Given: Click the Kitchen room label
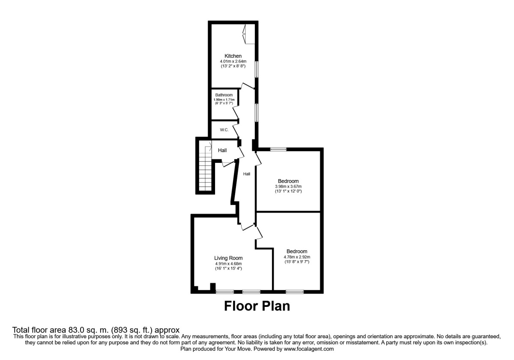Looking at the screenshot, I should coord(233,56).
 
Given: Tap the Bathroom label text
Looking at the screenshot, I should coord(224,95).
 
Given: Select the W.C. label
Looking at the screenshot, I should coord(224,130).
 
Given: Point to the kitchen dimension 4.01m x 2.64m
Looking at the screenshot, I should coord(233,61).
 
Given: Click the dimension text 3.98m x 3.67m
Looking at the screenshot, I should coord(288,186).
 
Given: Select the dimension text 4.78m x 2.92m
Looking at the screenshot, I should coord(297,257).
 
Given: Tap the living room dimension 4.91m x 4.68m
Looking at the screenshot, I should coord(228,263).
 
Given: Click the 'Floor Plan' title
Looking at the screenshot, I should coord(257,306).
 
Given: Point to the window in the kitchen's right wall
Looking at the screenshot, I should coord(256,69).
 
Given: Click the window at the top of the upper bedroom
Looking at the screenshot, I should coord(278,149).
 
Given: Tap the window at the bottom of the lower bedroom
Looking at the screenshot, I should coord(295,292).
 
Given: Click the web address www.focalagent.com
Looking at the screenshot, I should coord(308,349).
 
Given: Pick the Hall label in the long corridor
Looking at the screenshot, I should coord(247,174).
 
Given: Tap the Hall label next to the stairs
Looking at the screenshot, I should coord(222,150).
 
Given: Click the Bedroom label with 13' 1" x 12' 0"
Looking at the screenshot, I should coord(288,181).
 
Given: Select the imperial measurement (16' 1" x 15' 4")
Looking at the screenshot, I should coord(228,268).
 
